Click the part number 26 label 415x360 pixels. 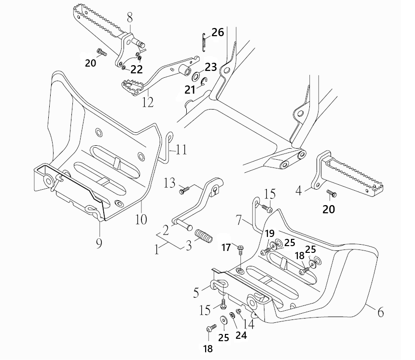pyautogui.click(x=218, y=32)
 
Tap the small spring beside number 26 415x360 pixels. pyautogui.click(x=204, y=42)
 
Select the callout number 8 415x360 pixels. pyautogui.click(x=129, y=18)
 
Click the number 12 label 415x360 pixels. pyautogui.click(x=148, y=102)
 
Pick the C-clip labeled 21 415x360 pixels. pyautogui.click(x=204, y=82)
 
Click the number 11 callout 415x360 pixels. pyautogui.click(x=181, y=150)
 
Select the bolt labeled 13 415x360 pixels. pyautogui.click(x=184, y=190)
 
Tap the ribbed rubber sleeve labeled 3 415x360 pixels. pyautogui.click(x=204, y=236)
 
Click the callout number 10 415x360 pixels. pyautogui.click(x=141, y=219)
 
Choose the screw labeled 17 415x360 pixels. pyautogui.click(x=241, y=249)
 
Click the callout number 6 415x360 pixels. pyautogui.click(x=380, y=312)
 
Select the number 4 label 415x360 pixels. pyautogui.click(x=299, y=191)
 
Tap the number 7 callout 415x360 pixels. pyautogui.click(x=239, y=220)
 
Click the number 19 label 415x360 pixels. pyautogui.click(x=270, y=234)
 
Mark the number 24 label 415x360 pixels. pyautogui.click(x=241, y=335)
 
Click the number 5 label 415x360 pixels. pyautogui.click(x=196, y=292)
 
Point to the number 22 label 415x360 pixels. pyautogui.click(x=137, y=69)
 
